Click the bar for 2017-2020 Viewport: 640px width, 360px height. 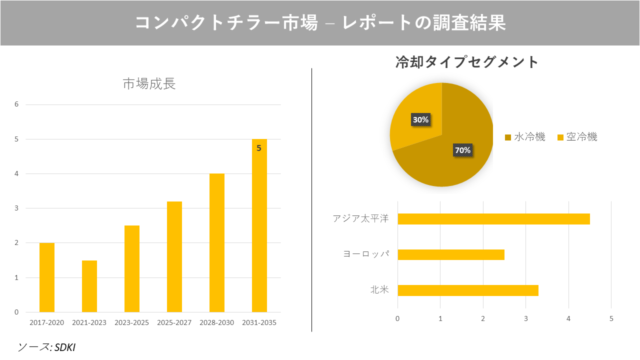click(x=47, y=277)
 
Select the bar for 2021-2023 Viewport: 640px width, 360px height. click(x=89, y=286)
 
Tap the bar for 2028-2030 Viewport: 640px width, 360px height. click(x=217, y=243)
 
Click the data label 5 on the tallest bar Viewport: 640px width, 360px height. click(x=258, y=148)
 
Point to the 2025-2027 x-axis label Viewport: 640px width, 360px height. click(x=174, y=322)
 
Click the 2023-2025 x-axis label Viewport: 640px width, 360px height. click(x=131, y=322)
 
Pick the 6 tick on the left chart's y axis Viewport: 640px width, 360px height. click(x=16, y=104)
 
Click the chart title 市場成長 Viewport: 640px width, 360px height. click(x=149, y=84)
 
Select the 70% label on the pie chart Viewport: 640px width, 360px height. click(x=462, y=150)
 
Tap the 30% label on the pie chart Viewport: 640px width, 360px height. click(x=420, y=120)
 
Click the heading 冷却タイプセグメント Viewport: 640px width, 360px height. click(x=467, y=62)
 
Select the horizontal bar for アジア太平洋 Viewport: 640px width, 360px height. click(x=493, y=219)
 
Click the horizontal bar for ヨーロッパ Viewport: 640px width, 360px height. click(x=450, y=254)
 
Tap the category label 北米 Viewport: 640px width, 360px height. click(x=379, y=290)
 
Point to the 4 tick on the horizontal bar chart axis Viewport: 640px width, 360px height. click(x=568, y=318)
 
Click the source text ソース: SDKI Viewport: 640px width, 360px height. click(x=46, y=347)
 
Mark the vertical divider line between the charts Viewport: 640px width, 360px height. click(x=311, y=200)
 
